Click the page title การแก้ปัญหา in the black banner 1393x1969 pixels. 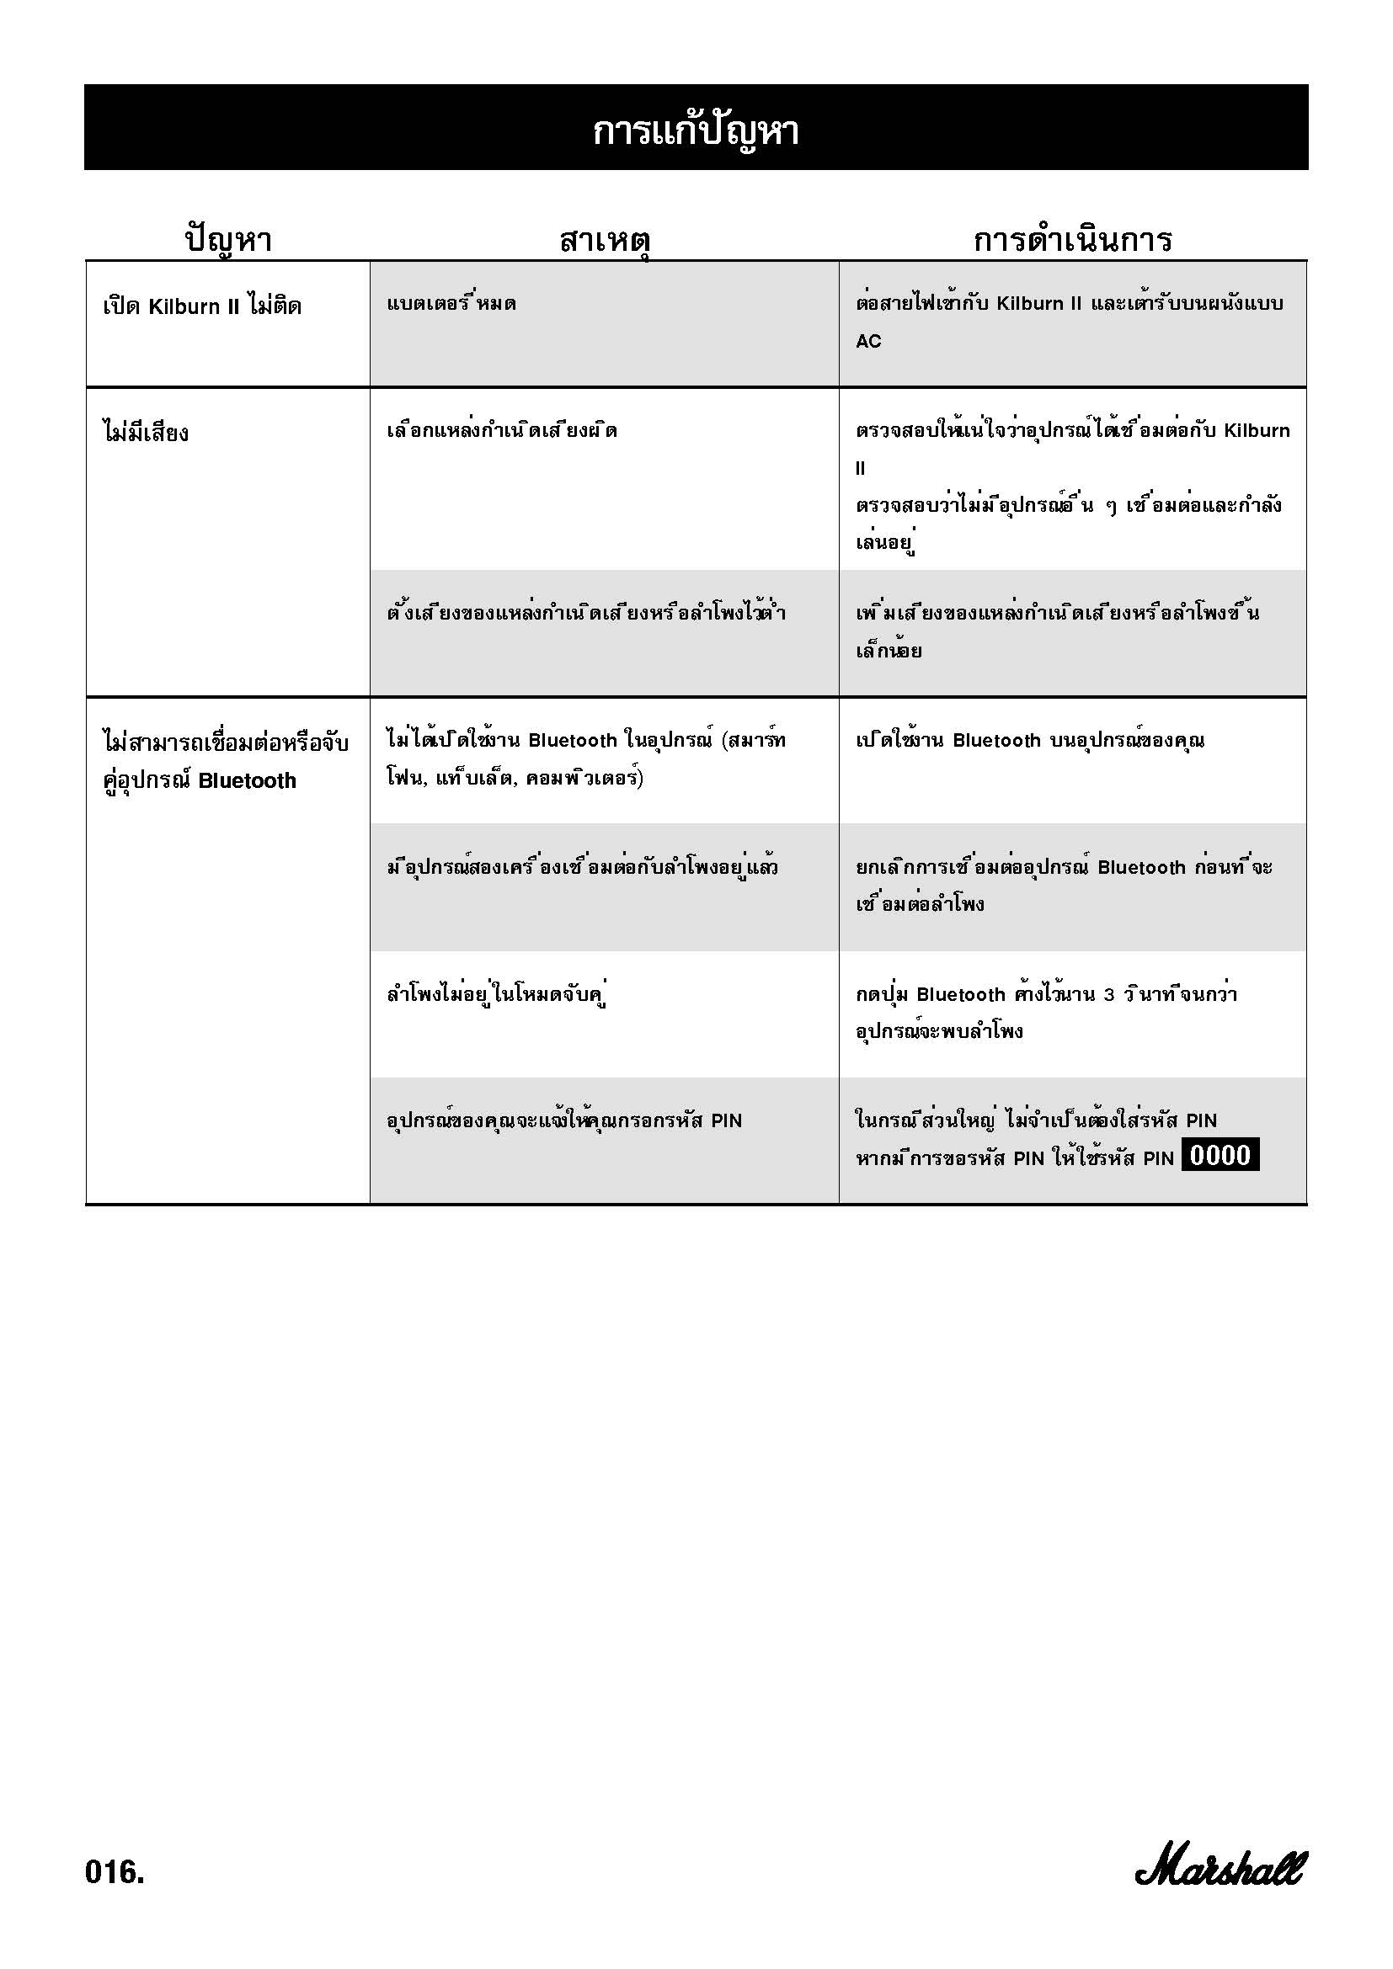pos(696,131)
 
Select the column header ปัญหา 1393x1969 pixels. pos(228,239)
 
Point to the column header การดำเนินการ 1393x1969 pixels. pos(1072,239)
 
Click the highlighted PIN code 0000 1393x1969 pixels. pos(1220,1155)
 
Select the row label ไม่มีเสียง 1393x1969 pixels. pos(145,432)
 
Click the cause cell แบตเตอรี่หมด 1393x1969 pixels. pos(451,304)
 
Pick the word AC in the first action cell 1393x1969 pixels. pos(868,341)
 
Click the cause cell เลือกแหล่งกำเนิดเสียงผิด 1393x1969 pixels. pos(502,430)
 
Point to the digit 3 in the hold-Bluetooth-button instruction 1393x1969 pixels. pos(1109,995)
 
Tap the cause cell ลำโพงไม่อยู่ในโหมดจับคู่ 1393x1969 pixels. pos(498,995)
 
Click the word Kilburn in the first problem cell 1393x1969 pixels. pos(184,307)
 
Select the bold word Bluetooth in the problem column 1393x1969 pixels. pos(247,780)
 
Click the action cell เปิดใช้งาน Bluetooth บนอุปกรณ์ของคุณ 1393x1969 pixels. pos(1029,740)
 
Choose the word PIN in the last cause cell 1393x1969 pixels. pos(726,1120)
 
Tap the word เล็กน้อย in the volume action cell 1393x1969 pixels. pos(889,651)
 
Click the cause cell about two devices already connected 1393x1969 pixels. pos(583,867)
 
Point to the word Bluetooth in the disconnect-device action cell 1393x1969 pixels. pos(1141,867)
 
